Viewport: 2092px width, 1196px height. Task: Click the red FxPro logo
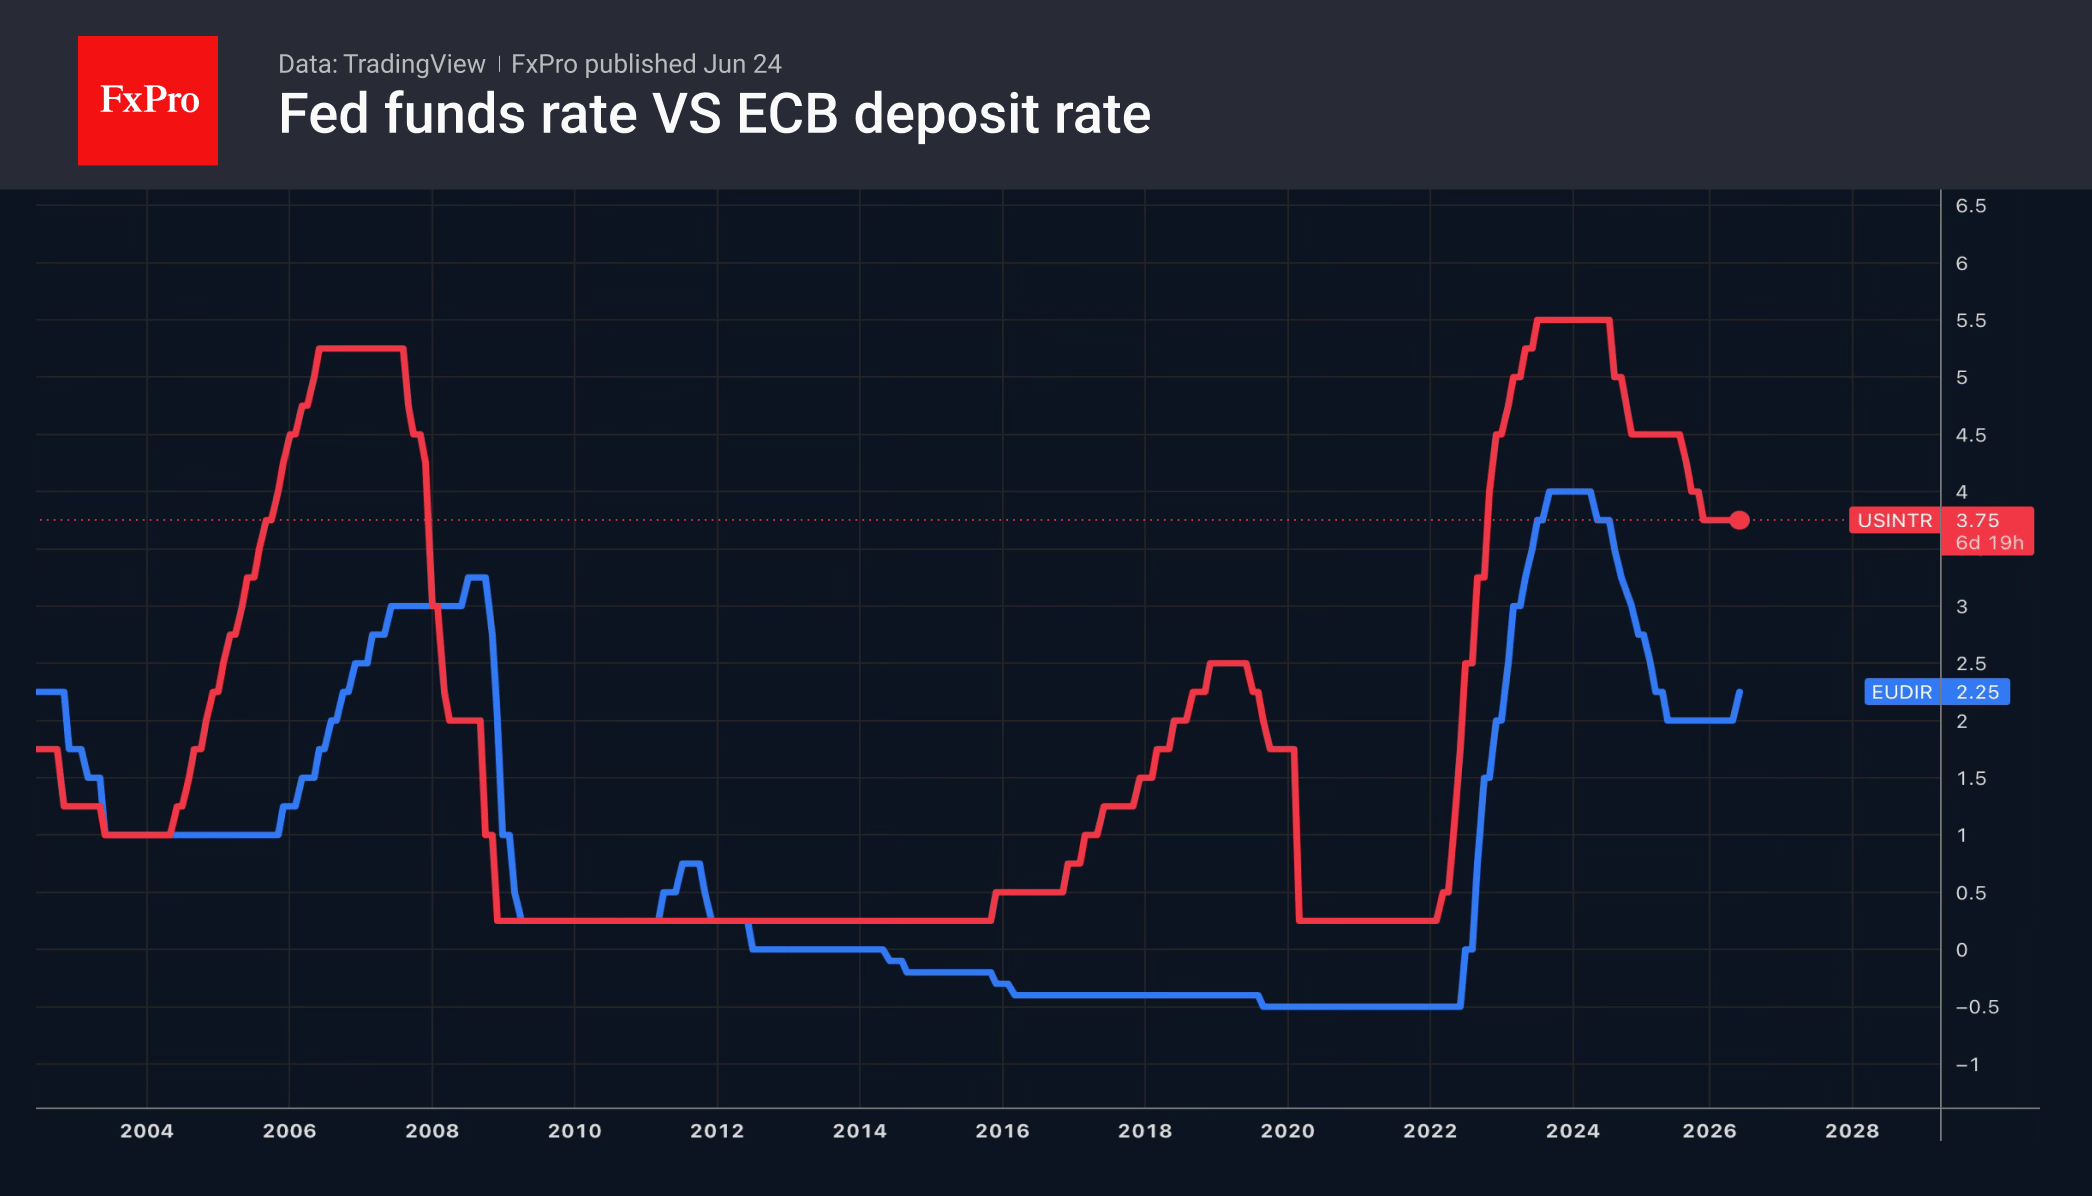(x=148, y=100)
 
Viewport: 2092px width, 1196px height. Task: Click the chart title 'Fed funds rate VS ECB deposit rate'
(x=715, y=114)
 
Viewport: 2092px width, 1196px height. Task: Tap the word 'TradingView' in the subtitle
(x=414, y=64)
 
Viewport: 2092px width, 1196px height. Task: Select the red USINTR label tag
(x=1895, y=520)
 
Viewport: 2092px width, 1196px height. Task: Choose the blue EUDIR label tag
(x=1901, y=692)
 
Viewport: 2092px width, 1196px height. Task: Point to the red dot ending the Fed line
(x=1739, y=520)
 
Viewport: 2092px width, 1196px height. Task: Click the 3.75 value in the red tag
(x=1977, y=520)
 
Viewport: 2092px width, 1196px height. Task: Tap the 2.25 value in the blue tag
(x=1977, y=692)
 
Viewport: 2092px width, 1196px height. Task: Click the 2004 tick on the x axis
(x=147, y=1131)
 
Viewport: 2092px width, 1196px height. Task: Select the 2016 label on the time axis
(x=1002, y=1131)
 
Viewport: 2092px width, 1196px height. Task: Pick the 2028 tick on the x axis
(x=1852, y=1131)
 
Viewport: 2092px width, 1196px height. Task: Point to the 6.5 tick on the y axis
(x=1971, y=206)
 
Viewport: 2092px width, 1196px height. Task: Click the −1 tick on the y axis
(x=1967, y=1065)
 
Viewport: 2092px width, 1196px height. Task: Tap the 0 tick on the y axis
(x=1962, y=950)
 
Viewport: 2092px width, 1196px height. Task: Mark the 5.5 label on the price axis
(x=1971, y=321)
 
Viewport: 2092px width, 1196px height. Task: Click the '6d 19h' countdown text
(x=1989, y=543)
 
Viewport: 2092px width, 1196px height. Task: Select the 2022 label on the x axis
(x=1430, y=1131)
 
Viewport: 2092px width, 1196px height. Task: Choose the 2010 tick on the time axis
(x=575, y=1131)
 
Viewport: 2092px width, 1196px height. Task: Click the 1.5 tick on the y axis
(x=1971, y=779)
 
